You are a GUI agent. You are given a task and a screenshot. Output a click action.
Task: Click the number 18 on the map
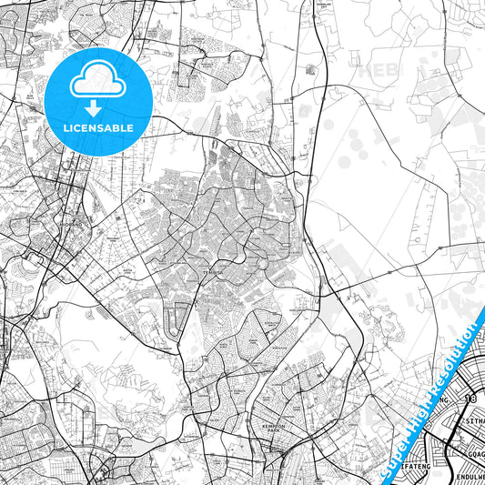pyautogui.click(x=470, y=399)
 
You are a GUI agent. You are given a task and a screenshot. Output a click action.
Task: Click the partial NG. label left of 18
pyautogui.click(x=445, y=399)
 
